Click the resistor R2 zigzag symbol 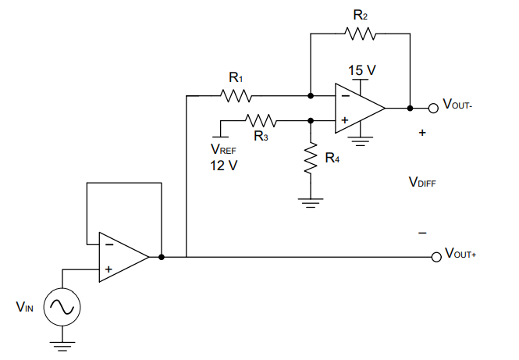click(360, 34)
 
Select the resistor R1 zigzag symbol click(235, 96)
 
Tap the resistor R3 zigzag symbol click(261, 121)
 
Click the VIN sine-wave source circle click(62, 307)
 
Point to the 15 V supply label click(361, 70)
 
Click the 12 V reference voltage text click(223, 166)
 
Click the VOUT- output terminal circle click(435, 108)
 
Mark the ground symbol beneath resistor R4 click(311, 203)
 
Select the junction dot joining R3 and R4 click(311, 121)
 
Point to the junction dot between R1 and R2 click(311, 96)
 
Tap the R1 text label click(236, 78)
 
